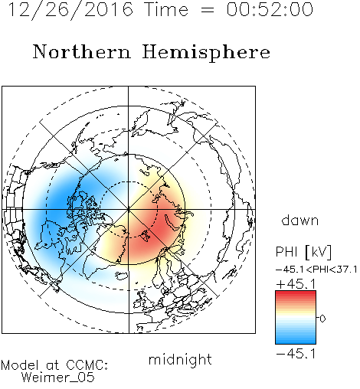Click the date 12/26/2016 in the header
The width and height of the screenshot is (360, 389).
tap(70, 10)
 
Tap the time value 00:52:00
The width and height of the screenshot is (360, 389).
tap(270, 9)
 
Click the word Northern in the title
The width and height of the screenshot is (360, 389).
tap(82, 51)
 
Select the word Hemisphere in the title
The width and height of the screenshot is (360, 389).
tap(206, 53)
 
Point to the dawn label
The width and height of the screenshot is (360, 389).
tap(300, 220)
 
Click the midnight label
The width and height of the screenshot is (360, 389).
tap(180, 359)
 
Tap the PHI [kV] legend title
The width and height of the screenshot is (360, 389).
tap(304, 252)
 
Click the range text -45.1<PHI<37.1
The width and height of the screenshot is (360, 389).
tap(316, 270)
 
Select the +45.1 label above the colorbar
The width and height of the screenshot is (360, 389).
tap(296, 284)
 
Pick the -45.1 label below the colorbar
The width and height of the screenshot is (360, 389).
tap(296, 354)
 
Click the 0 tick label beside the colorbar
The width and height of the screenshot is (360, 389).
tap(322, 319)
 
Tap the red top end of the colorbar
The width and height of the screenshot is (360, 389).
tap(296, 293)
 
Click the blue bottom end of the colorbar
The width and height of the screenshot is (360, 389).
tap(296, 342)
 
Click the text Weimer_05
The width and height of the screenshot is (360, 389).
tap(58, 378)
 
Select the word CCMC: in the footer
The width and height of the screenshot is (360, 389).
tap(87, 365)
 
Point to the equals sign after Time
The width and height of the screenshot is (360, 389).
tap(208, 10)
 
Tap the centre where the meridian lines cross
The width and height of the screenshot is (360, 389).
tap(129, 210)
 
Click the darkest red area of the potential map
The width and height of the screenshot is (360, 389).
tap(163, 227)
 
